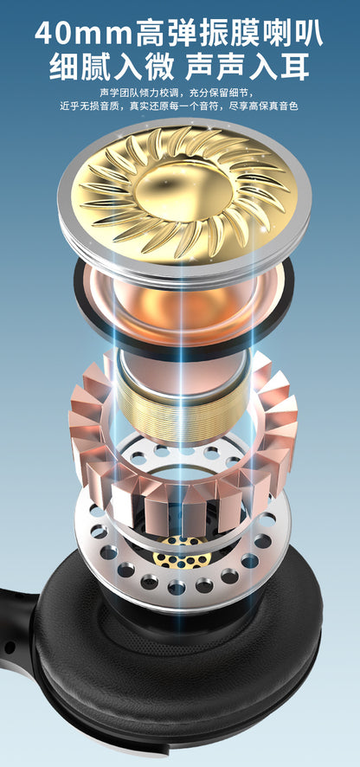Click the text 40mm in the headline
(x=84, y=34)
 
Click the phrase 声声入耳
(x=247, y=67)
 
